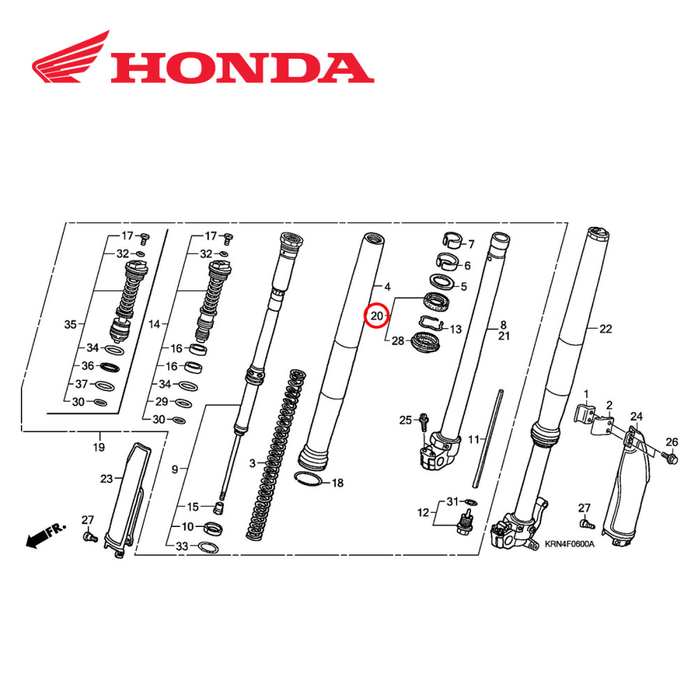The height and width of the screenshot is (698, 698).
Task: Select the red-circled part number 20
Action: [x=377, y=316]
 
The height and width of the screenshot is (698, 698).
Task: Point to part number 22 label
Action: [x=605, y=329]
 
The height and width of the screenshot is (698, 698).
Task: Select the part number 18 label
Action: [x=337, y=483]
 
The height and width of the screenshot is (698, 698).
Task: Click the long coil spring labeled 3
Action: [x=276, y=454]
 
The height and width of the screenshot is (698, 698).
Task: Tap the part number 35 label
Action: [x=70, y=325]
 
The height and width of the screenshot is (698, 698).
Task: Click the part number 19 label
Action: [x=99, y=447]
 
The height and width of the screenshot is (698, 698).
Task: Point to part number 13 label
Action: [x=455, y=329]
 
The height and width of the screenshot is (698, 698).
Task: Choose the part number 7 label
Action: [x=470, y=244]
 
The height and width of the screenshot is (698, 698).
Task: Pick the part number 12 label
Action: [x=423, y=513]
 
